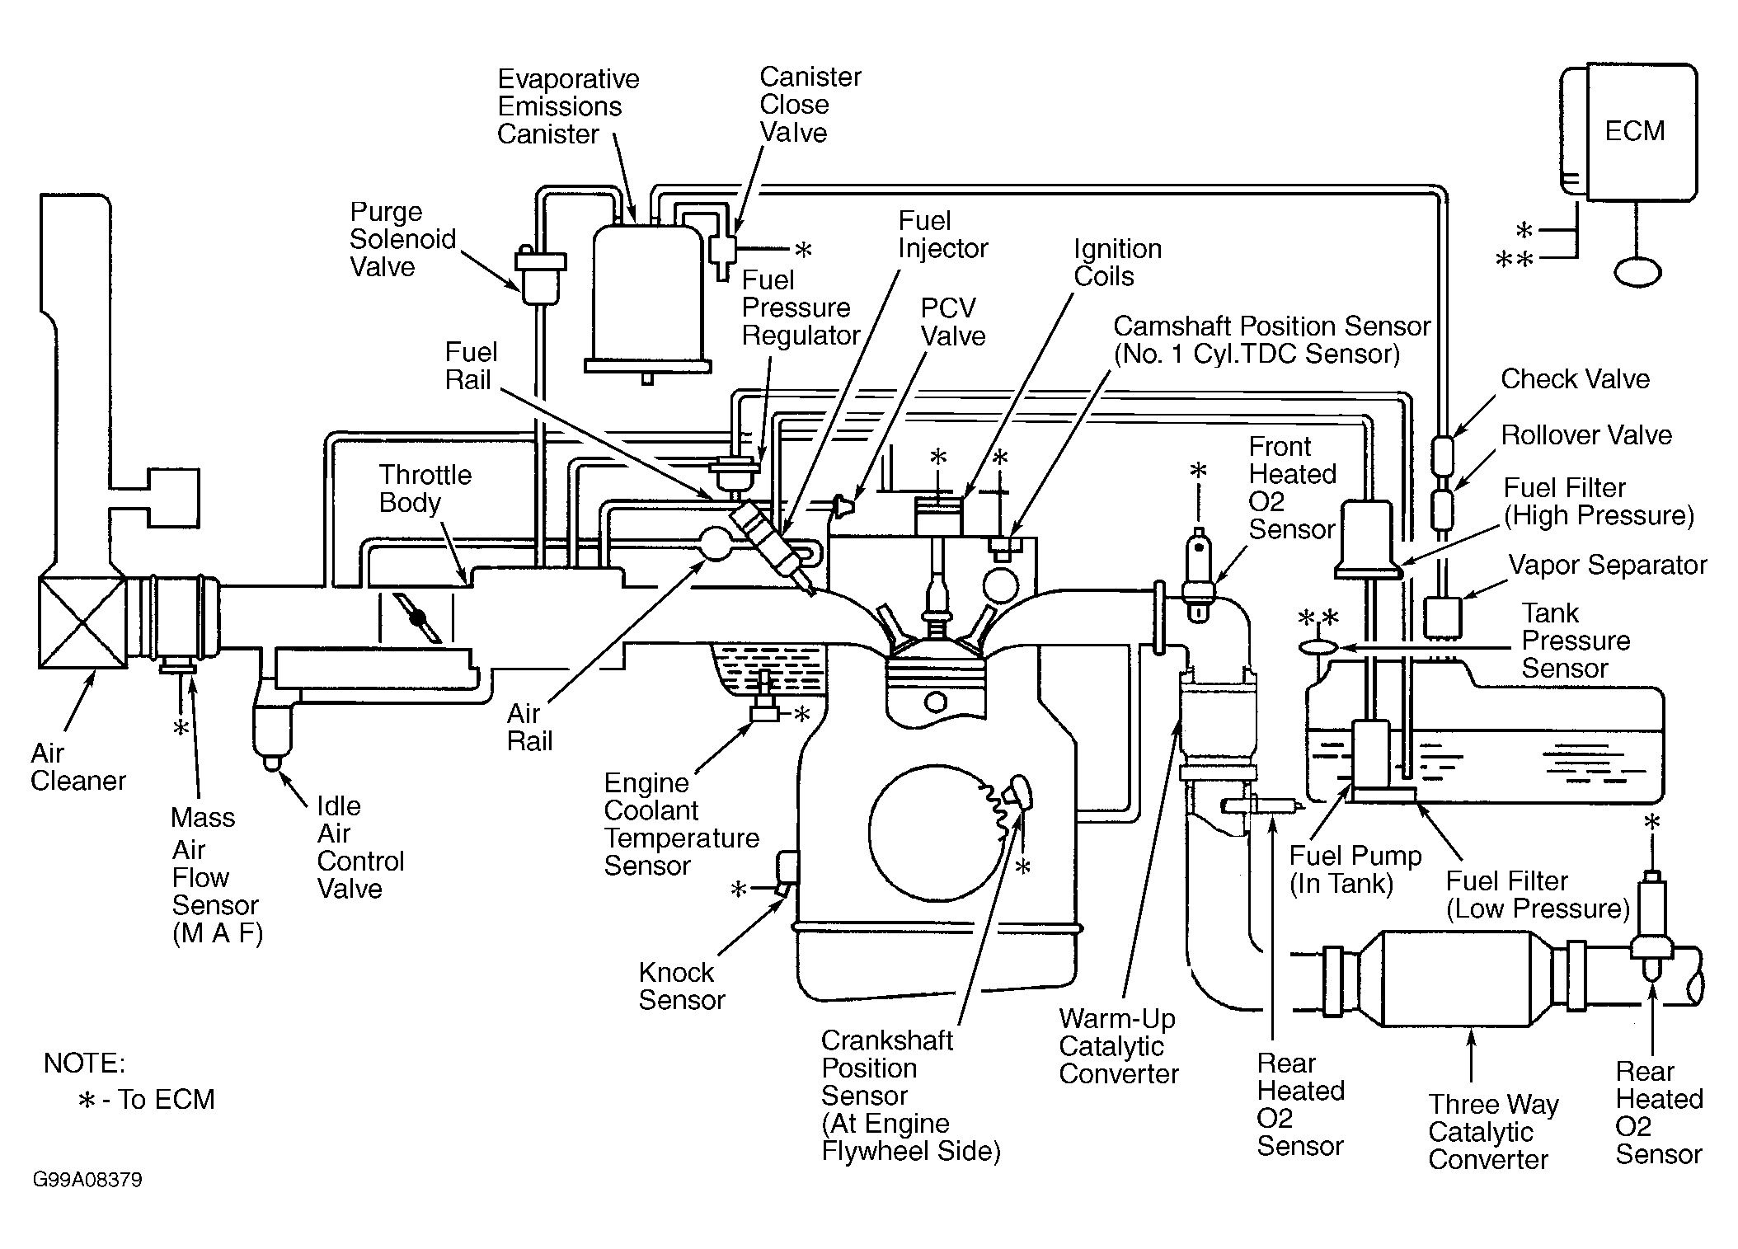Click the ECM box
[1628, 132]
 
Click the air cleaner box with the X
[82, 622]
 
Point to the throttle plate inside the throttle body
[417, 617]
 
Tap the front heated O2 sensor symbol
[1198, 576]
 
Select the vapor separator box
[1442, 617]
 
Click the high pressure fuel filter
[1368, 539]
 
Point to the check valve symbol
[1441, 451]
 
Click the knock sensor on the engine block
[786, 868]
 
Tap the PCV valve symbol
[843, 505]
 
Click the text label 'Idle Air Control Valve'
[360, 847]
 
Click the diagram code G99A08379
[87, 1180]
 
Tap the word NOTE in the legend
[84, 1064]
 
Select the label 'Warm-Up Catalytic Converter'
[1119, 1046]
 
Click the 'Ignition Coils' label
[1117, 262]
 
